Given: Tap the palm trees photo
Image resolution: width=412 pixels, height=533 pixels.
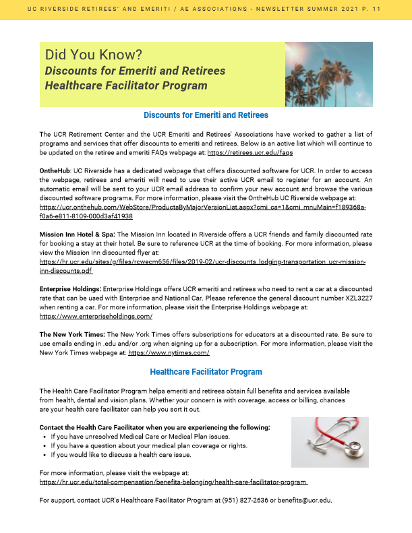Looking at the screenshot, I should click(x=329, y=74).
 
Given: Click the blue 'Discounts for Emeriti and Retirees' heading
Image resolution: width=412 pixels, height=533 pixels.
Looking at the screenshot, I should click(x=206, y=115).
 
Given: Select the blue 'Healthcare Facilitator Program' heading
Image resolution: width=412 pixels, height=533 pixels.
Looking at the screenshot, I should click(x=206, y=371).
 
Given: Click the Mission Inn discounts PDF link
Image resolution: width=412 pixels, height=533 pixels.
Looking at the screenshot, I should click(x=202, y=265).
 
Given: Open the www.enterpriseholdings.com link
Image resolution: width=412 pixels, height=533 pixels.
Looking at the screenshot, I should click(x=96, y=315).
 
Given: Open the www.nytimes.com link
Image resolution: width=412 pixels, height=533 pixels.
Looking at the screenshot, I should click(x=169, y=352).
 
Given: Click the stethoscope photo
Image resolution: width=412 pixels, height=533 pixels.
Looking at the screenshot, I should click(x=330, y=441).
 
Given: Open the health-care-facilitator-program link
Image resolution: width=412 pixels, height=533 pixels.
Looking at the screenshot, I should click(x=174, y=482).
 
